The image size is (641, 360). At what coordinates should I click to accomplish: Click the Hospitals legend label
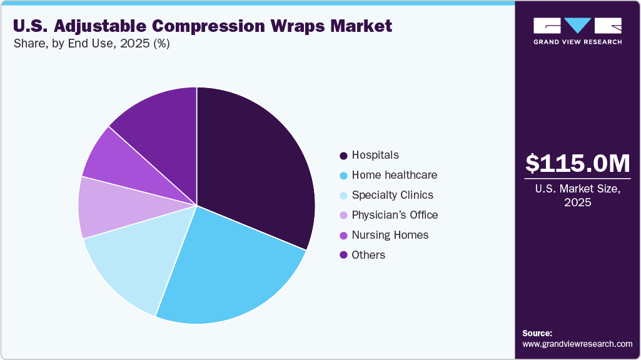tap(375, 155)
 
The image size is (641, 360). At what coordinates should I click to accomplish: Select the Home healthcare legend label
tap(395, 175)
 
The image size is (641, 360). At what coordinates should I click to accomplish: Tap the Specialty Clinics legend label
tap(393, 195)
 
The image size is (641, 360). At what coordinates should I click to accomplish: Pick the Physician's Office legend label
tap(395, 215)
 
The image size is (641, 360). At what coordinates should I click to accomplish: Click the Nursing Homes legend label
tap(390, 235)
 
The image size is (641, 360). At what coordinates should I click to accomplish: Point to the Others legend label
tap(368, 255)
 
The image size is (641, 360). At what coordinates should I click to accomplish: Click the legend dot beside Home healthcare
tap(343, 176)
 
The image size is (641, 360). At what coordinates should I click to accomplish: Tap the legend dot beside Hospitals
tap(343, 156)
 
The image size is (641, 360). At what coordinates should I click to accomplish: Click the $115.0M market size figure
tap(578, 163)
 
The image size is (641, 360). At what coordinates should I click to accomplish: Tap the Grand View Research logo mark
tap(577, 26)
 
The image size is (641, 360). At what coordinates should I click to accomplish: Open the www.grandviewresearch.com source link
tap(577, 344)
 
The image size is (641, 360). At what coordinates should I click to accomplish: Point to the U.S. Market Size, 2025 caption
tap(578, 196)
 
